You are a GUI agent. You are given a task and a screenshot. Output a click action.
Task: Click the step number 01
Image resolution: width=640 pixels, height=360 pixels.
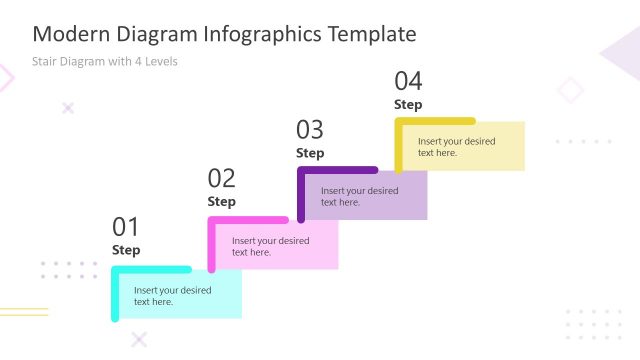126,227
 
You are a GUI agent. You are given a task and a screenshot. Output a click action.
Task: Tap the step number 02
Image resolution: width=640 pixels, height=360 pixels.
222,179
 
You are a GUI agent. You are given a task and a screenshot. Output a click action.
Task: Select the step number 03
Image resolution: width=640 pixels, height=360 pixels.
310,130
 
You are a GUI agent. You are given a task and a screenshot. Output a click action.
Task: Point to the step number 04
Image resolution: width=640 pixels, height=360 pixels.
408,81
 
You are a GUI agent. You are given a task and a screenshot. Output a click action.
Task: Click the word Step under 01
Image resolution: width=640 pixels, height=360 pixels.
126,250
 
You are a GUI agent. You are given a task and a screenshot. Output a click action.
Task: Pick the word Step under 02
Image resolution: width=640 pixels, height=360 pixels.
222,202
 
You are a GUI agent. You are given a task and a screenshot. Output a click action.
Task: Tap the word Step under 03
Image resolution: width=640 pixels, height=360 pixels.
310,153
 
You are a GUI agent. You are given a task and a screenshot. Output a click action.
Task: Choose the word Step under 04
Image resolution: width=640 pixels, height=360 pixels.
408,104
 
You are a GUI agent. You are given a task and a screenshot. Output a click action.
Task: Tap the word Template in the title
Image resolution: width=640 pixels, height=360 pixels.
372,35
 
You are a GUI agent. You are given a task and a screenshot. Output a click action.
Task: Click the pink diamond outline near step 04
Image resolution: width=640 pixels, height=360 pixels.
570,90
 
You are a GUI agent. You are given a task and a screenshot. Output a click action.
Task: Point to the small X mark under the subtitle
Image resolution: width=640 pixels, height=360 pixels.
68,108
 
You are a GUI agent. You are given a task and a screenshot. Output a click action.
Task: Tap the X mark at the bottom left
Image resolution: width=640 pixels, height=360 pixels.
139,339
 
